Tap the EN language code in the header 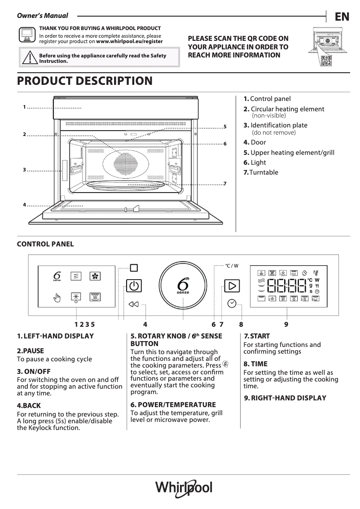tap(342, 17)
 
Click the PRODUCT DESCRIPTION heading tap(84, 81)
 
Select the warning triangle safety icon tap(29, 58)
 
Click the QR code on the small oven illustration tap(327, 61)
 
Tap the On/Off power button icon tap(132, 286)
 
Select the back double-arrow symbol tap(133, 304)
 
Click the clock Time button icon tap(232, 303)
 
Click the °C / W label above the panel tap(232, 266)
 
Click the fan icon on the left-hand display tap(95, 276)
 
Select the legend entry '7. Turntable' tap(261, 172)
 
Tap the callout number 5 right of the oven tap(225, 127)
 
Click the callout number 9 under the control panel tap(286, 324)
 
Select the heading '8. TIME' tap(255, 364)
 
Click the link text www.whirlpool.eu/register tap(130, 41)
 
